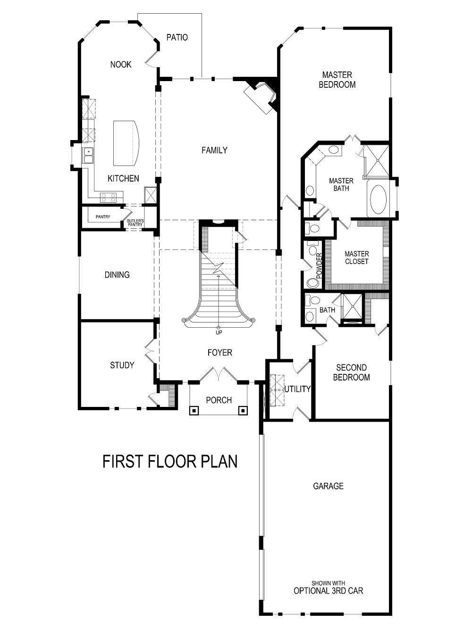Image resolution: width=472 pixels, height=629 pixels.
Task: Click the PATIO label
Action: click(x=177, y=37)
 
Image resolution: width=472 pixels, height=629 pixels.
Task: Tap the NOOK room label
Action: click(x=121, y=65)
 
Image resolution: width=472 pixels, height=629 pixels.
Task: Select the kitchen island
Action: click(x=126, y=142)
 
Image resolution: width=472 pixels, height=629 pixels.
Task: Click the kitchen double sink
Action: click(x=88, y=156)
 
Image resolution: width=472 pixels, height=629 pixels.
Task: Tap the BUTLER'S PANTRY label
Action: click(x=135, y=223)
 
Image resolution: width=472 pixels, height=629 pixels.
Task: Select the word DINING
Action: click(x=117, y=275)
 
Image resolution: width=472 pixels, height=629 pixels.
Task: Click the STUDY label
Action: click(x=122, y=365)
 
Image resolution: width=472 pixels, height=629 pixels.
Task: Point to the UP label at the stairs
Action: click(x=219, y=332)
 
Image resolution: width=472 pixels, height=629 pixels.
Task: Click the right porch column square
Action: click(x=243, y=410)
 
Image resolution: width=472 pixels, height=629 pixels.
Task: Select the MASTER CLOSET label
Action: click(x=356, y=257)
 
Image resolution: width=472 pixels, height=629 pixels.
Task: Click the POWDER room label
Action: click(x=319, y=265)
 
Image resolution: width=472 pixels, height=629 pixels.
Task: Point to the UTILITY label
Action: click(x=297, y=389)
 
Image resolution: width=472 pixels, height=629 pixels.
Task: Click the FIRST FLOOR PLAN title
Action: click(x=170, y=462)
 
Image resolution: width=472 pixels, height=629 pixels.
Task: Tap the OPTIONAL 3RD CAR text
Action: click(x=328, y=590)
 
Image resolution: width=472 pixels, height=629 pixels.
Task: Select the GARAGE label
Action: click(x=328, y=486)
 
